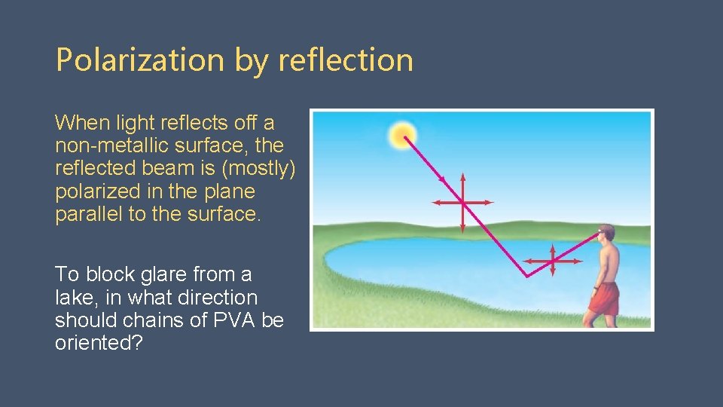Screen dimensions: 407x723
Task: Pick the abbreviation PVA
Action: click(x=233, y=320)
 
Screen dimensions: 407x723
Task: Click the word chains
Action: click(x=153, y=320)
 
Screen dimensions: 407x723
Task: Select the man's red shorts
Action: click(x=603, y=298)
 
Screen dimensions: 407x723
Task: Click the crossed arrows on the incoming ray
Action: click(x=462, y=202)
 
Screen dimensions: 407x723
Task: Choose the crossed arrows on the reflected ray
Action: click(x=553, y=261)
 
